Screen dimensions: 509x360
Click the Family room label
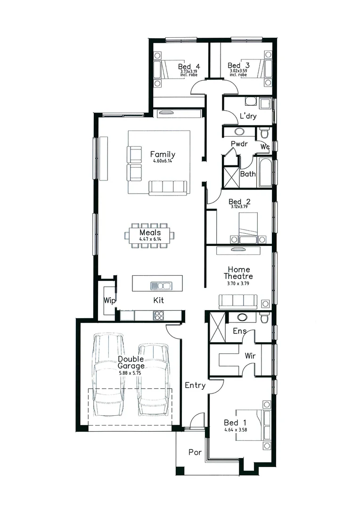[x=163, y=155]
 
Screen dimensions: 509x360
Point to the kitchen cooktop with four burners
[x=159, y=314]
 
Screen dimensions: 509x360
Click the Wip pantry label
[x=110, y=300]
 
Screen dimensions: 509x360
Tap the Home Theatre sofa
[x=237, y=302]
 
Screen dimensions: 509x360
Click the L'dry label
[x=248, y=116]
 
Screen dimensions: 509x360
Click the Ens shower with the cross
[x=217, y=327]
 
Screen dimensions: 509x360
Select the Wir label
[x=250, y=356]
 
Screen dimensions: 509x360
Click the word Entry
[x=195, y=386]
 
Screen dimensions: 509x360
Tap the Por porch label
[x=195, y=452]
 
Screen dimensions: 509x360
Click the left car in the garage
[x=108, y=375]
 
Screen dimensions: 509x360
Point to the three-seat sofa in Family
[x=168, y=187]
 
